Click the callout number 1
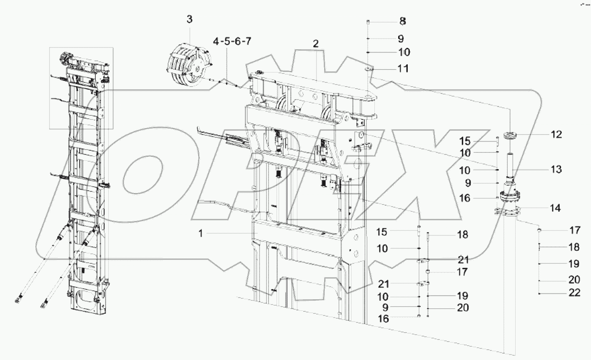(200, 233)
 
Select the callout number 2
(316, 44)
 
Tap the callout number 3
(190, 19)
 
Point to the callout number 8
(402, 21)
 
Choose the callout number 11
(403, 68)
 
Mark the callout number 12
(556, 134)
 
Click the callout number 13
(556, 169)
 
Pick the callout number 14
(556, 208)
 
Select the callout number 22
(574, 293)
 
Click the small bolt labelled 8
(368, 22)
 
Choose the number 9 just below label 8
(401, 39)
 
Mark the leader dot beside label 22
(539, 294)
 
